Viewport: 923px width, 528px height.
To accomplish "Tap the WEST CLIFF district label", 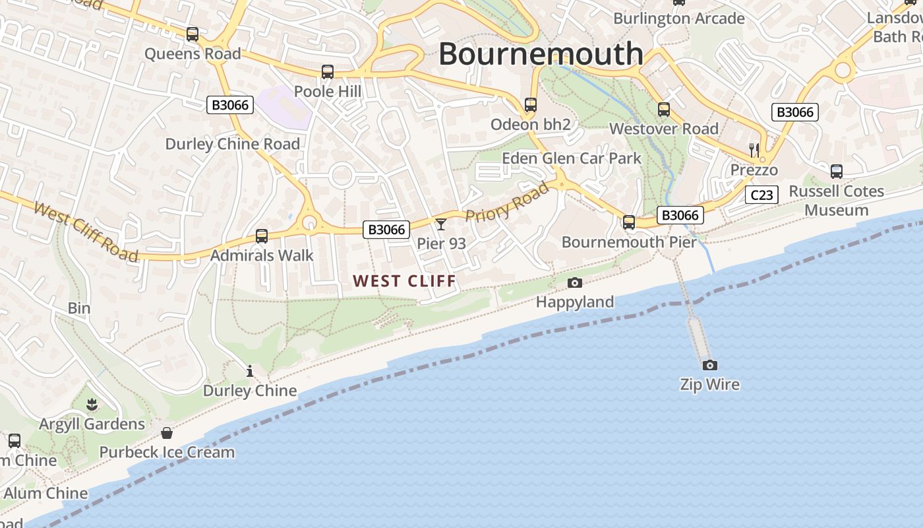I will click(x=405, y=281).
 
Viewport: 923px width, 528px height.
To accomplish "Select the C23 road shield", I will click(x=761, y=195).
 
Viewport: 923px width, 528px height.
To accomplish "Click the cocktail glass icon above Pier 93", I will click(x=441, y=224).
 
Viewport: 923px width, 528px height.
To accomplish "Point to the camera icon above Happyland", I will click(x=575, y=282).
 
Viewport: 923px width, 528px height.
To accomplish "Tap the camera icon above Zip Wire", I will click(x=709, y=365).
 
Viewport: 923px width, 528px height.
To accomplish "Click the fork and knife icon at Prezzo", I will click(x=754, y=150).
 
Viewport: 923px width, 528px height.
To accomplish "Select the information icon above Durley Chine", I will click(x=250, y=371).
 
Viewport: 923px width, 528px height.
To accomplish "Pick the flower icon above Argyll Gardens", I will click(x=92, y=404).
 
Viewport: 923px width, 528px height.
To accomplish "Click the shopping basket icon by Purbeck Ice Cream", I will click(x=167, y=433).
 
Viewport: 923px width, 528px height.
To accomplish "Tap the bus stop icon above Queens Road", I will click(x=193, y=34).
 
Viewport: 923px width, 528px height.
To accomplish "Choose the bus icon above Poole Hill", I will click(x=328, y=72).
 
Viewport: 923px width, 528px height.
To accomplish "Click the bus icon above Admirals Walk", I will click(x=262, y=236).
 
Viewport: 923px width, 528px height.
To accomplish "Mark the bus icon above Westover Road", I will click(x=664, y=110).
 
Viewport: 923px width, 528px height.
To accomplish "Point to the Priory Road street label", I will click(x=507, y=203).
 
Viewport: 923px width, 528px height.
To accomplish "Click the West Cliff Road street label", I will click(x=86, y=232).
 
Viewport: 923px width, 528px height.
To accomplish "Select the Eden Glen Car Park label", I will click(x=572, y=158).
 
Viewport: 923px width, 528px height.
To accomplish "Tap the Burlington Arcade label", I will click(x=679, y=18).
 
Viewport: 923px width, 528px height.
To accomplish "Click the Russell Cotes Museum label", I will click(x=837, y=201).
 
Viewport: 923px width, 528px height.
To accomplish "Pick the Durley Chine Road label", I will click(x=232, y=144).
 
